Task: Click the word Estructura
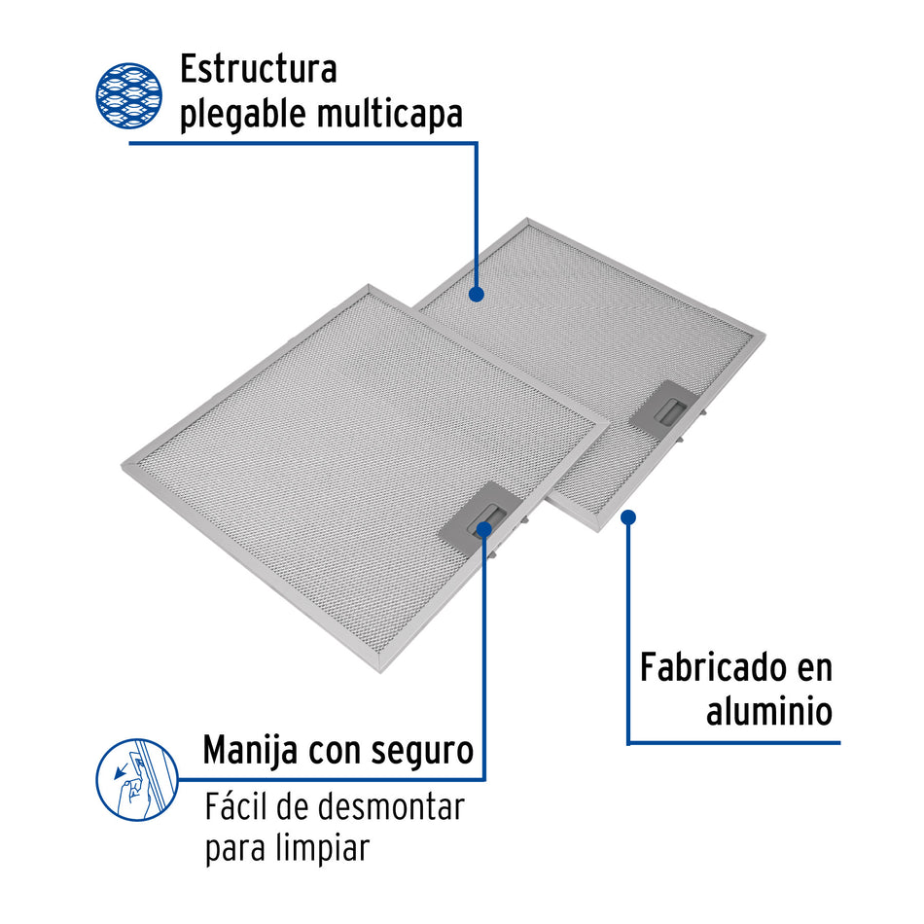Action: coord(258,70)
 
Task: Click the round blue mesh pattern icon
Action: coord(128,96)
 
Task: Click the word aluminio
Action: coord(769,711)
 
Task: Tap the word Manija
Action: coord(251,751)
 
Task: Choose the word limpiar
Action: coord(323,848)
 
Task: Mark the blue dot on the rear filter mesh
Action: coord(477,293)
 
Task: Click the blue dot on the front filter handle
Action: coord(484,527)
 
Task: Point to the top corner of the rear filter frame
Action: coord(527,221)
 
